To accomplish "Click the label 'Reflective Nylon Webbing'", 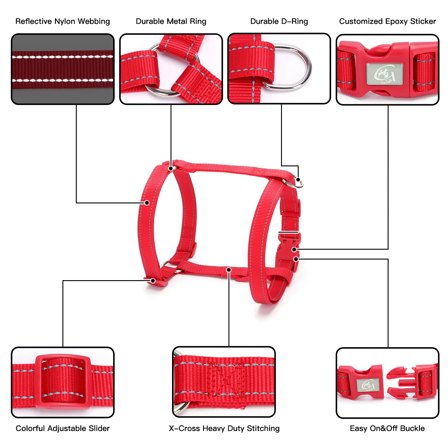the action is point(63,22).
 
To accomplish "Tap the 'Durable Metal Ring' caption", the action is point(171,22).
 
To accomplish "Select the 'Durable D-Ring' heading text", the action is point(279,22).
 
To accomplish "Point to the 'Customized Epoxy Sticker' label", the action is point(387,22).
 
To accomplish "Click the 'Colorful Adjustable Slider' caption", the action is point(63,428).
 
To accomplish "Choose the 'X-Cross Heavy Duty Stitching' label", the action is point(224,428).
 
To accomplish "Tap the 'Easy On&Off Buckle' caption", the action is point(387,428).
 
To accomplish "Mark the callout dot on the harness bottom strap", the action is point(229,270).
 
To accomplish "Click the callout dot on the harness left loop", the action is point(147,203).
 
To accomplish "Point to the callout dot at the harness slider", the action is point(153,281).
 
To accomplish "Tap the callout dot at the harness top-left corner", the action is point(171,168).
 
